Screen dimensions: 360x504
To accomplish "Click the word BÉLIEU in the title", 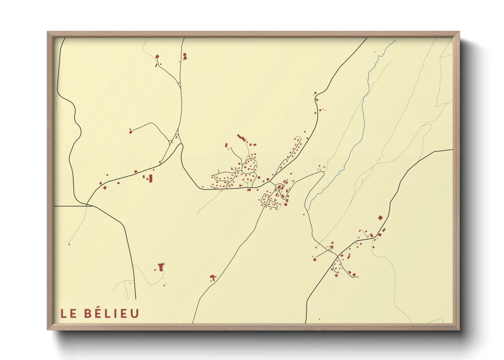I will (x=111, y=313).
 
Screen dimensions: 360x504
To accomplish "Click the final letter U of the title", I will (x=135, y=314).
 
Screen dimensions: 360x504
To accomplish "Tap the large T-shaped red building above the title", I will (x=161, y=267).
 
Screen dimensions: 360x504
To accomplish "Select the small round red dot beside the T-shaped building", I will (x=155, y=270).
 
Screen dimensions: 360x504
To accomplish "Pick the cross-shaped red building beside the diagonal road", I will (x=213, y=278).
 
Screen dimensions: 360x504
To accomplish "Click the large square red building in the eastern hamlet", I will (x=380, y=218).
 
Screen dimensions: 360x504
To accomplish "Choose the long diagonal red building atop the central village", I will (x=241, y=138).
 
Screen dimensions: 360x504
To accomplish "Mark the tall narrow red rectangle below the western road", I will (x=151, y=178).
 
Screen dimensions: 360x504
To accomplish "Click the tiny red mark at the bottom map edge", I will (x=319, y=320).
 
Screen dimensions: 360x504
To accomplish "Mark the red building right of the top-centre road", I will (x=185, y=56).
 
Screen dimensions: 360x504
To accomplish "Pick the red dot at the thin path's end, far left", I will (x=69, y=244).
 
